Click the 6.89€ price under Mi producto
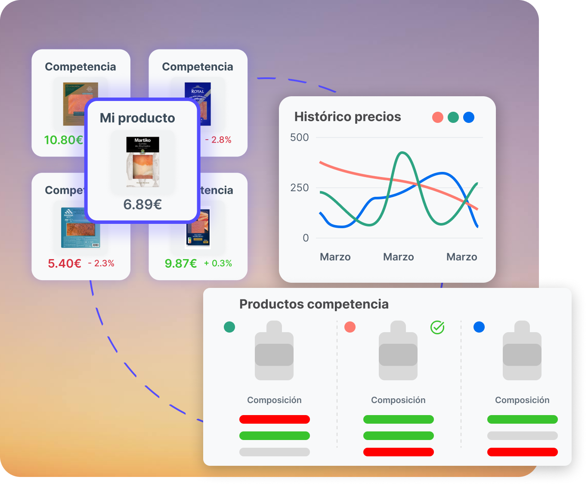(x=142, y=205)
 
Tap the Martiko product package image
(x=142, y=162)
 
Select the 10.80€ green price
(x=63, y=140)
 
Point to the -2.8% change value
(x=219, y=140)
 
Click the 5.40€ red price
(x=65, y=263)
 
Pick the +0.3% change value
(x=218, y=263)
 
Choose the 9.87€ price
(x=181, y=263)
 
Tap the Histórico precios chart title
(x=347, y=117)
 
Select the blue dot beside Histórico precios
(x=469, y=117)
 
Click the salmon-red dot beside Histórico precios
(x=438, y=117)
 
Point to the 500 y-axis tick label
(x=300, y=138)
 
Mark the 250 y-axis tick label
(x=300, y=188)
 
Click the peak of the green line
(x=402, y=153)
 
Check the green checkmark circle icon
(x=437, y=327)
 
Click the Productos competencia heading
(x=314, y=304)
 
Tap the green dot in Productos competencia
(x=229, y=327)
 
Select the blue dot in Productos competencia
(x=479, y=327)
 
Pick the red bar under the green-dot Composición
(x=275, y=419)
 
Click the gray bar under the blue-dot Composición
(x=523, y=436)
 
